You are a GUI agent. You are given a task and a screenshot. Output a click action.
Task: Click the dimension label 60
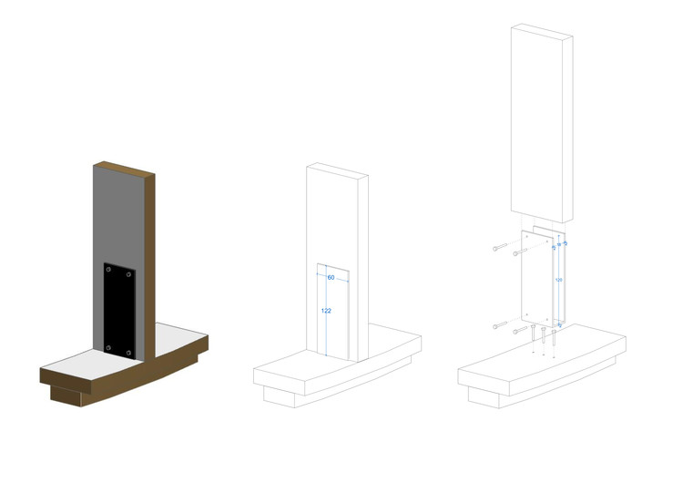coord(331,277)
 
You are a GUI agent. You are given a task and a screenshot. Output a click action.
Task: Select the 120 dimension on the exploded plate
coord(557,281)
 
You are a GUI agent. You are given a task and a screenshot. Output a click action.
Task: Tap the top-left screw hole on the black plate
coord(109,269)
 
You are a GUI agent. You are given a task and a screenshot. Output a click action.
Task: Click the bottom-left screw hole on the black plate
coord(108,346)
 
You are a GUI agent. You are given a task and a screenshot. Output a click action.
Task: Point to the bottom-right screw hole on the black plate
coord(130,351)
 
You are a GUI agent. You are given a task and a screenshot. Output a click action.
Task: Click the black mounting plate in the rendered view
coord(119,310)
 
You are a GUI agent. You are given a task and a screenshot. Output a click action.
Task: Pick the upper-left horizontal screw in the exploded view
coord(499,247)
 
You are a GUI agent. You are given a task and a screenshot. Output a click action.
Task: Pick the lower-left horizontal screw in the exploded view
coord(500,325)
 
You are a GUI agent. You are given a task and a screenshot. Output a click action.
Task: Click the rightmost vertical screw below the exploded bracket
coord(553,338)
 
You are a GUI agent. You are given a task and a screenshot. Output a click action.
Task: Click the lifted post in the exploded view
coord(541,118)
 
